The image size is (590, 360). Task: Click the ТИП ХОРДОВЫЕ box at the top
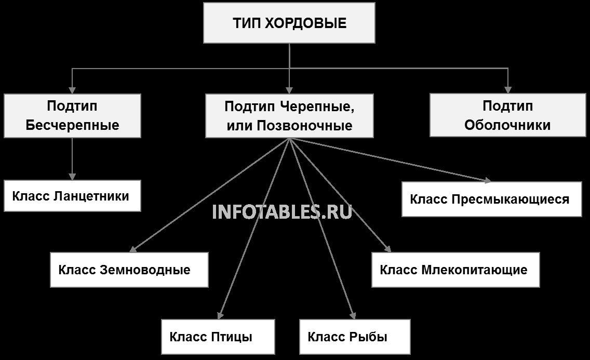(x=289, y=23)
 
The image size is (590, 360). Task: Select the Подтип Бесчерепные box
(x=72, y=115)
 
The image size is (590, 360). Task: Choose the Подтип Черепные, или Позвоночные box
(x=289, y=115)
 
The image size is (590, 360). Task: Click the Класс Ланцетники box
(x=72, y=196)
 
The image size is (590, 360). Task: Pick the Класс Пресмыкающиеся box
(x=492, y=199)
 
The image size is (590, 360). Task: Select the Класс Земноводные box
(x=129, y=270)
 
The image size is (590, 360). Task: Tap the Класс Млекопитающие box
(x=455, y=270)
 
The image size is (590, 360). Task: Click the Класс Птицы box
(x=218, y=337)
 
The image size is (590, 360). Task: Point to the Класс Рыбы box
(x=355, y=337)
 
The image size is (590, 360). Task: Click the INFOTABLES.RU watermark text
(x=282, y=212)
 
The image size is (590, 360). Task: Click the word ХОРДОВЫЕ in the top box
(x=305, y=23)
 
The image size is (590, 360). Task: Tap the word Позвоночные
(x=304, y=125)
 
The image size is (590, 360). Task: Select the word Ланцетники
(x=91, y=196)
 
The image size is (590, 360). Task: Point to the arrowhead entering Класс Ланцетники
(x=72, y=177)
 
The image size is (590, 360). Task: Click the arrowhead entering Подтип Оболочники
(x=508, y=90)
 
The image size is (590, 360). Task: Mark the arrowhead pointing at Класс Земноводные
(x=132, y=249)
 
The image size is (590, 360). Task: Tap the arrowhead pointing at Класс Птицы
(x=220, y=316)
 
